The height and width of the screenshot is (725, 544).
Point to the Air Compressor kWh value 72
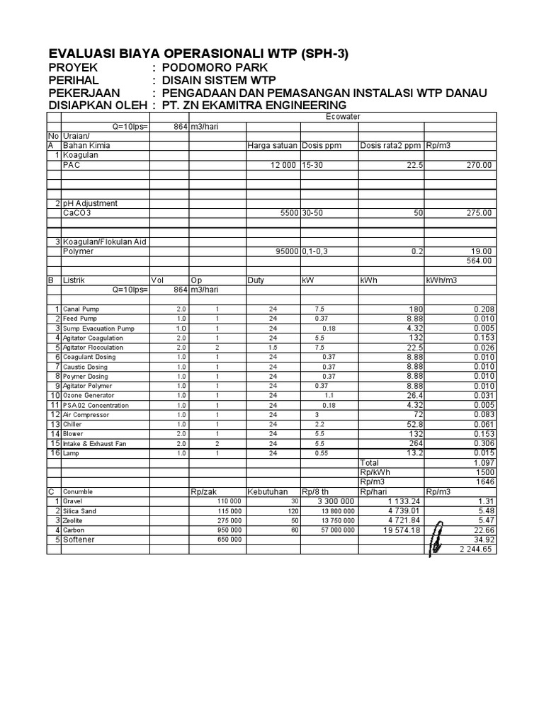click(417, 414)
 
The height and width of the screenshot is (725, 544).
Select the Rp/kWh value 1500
click(484, 472)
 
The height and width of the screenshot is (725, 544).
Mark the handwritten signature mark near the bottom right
click(438, 537)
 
